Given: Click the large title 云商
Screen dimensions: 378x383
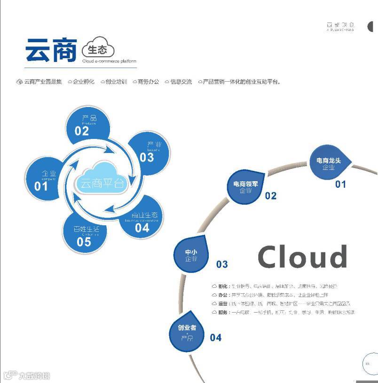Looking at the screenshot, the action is click(x=51, y=50).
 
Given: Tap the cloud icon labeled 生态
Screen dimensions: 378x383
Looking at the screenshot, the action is click(x=98, y=49).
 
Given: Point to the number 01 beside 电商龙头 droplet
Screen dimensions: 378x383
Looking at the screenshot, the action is click(x=340, y=184).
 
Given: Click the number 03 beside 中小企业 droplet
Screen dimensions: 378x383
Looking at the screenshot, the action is click(x=222, y=265).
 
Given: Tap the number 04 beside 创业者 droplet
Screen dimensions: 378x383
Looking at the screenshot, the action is click(x=215, y=337).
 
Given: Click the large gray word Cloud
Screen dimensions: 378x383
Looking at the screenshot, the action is click(x=302, y=257).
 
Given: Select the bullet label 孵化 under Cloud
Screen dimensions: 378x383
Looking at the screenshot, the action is click(x=223, y=286).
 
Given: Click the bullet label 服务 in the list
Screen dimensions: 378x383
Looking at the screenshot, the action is click(x=223, y=312).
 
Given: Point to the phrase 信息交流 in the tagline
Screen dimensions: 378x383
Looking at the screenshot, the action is click(x=181, y=82).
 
